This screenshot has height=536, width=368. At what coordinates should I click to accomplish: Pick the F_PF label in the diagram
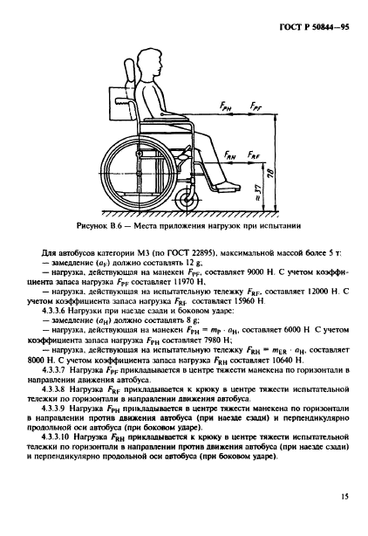254,105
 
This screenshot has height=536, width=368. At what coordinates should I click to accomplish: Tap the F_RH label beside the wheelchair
230,153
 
